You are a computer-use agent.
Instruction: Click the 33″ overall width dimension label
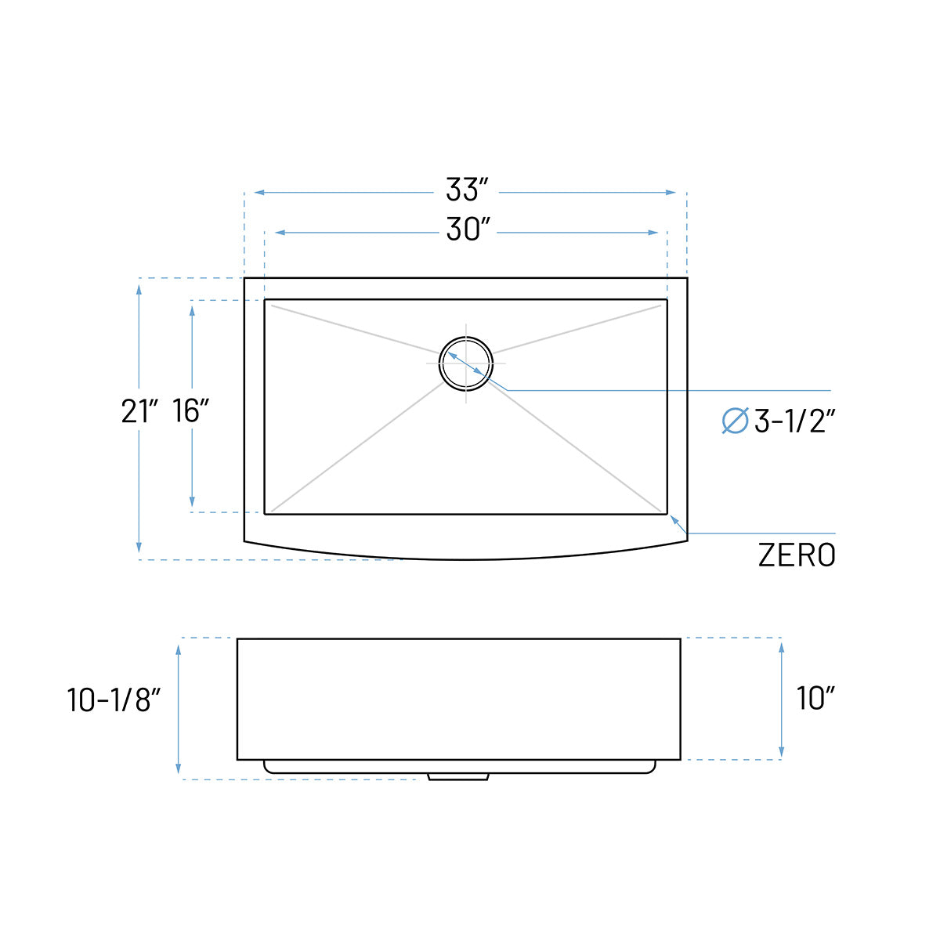point(467,190)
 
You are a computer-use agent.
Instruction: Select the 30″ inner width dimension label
point(468,230)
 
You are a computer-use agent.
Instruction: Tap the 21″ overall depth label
point(140,410)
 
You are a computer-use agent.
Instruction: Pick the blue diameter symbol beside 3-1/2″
point(735,421)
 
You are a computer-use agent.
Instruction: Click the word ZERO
point(796,555)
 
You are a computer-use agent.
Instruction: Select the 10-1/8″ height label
point(114,700)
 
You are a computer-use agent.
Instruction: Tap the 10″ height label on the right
point(815,698)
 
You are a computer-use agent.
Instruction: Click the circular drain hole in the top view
point(466,363)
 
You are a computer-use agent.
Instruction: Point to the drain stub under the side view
point(458,776)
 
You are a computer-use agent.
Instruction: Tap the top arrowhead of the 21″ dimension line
point(139,288)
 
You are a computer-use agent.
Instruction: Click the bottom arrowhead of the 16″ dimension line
point(192,502)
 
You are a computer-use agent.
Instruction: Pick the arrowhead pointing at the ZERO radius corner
point(674,519)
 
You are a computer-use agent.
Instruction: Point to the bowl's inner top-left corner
point(266,300)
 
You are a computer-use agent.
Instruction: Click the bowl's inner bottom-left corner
point(266,514)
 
